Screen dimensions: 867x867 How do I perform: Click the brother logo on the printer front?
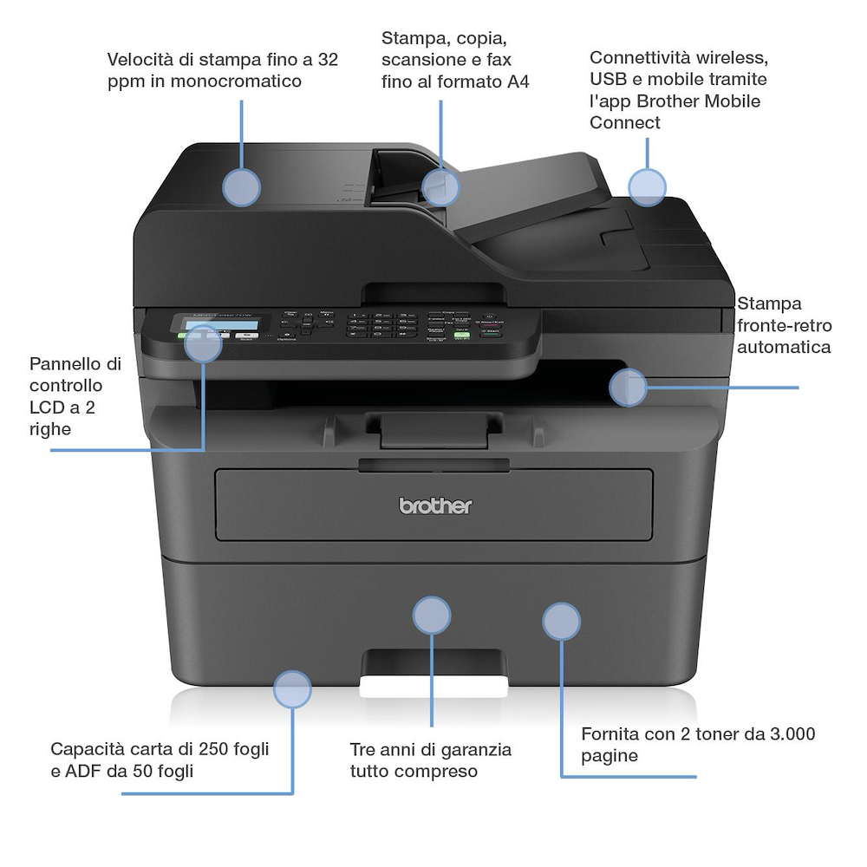click(x=435, y=505)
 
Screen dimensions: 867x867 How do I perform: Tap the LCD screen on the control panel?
click(x=212, y=323)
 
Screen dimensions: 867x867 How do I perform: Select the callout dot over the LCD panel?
click(x=204, y=343)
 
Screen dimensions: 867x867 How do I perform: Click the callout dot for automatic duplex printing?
click(x=628, y=388)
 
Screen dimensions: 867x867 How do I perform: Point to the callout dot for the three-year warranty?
click(x=432, y=616)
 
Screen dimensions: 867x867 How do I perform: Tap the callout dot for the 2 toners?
click(x=561, y=622)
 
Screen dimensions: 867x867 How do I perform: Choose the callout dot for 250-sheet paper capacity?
click(x=292, y=689)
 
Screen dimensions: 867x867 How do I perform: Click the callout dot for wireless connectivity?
click(x=647, y=187)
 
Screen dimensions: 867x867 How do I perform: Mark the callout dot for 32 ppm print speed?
click(x=242, y=187)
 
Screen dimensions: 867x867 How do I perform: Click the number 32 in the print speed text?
click(x=328, y=60)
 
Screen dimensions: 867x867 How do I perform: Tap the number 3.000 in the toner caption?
click(x=792, y=734)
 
